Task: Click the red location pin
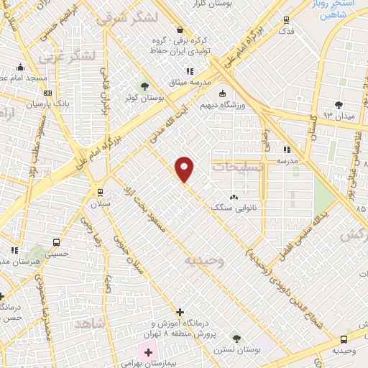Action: [185, 169]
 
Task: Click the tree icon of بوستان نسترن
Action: [235, 337]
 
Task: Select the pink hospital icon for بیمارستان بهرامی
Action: [149, 352]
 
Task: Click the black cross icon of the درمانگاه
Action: [179, 312]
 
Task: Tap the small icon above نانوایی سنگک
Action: [233, 196]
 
